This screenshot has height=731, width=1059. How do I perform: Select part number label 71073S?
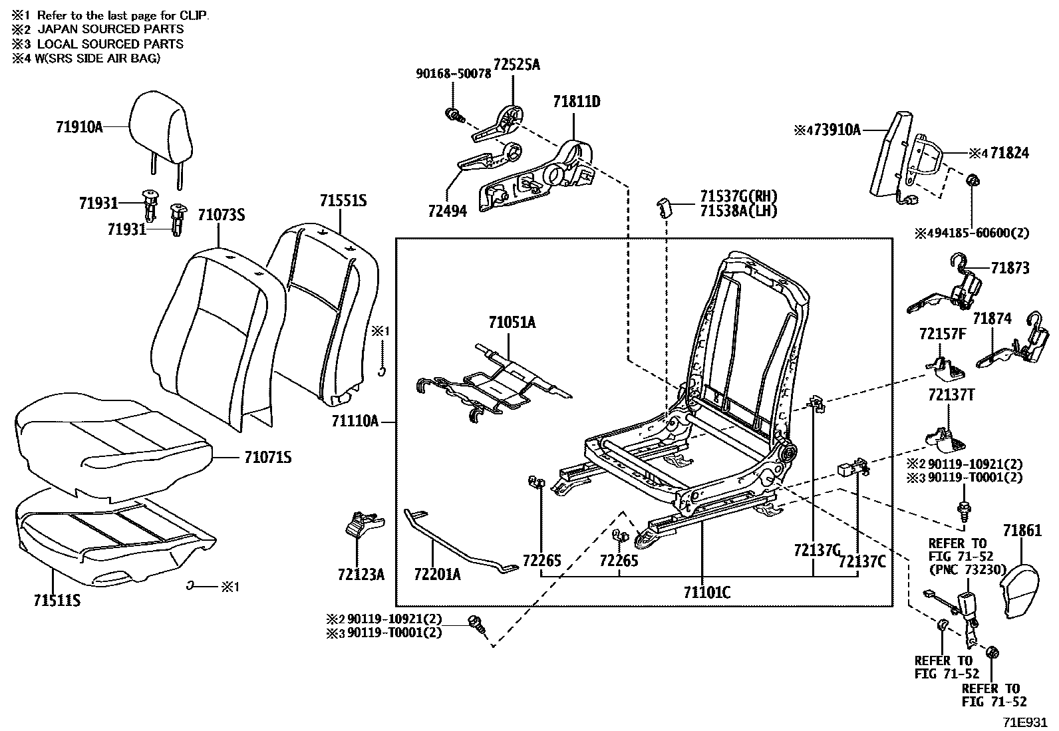coord(222,215)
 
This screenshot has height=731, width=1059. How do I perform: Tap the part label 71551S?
coord(343,201)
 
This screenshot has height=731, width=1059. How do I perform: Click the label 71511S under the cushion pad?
coord(57,601)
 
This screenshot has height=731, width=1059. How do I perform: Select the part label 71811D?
coord(577,102)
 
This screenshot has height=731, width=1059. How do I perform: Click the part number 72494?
coord(447,211)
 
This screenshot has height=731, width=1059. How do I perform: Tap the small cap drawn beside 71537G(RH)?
coord(665,208)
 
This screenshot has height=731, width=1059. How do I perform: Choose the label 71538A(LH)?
coord(738,211)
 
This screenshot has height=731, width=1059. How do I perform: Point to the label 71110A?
coord(355,421)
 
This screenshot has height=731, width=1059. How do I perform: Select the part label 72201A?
coord(437,575)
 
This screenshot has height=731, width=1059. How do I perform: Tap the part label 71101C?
coord(707,593)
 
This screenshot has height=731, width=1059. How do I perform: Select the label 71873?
coord(1010,268)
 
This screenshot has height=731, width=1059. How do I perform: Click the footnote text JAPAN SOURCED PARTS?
coord(110,29)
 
